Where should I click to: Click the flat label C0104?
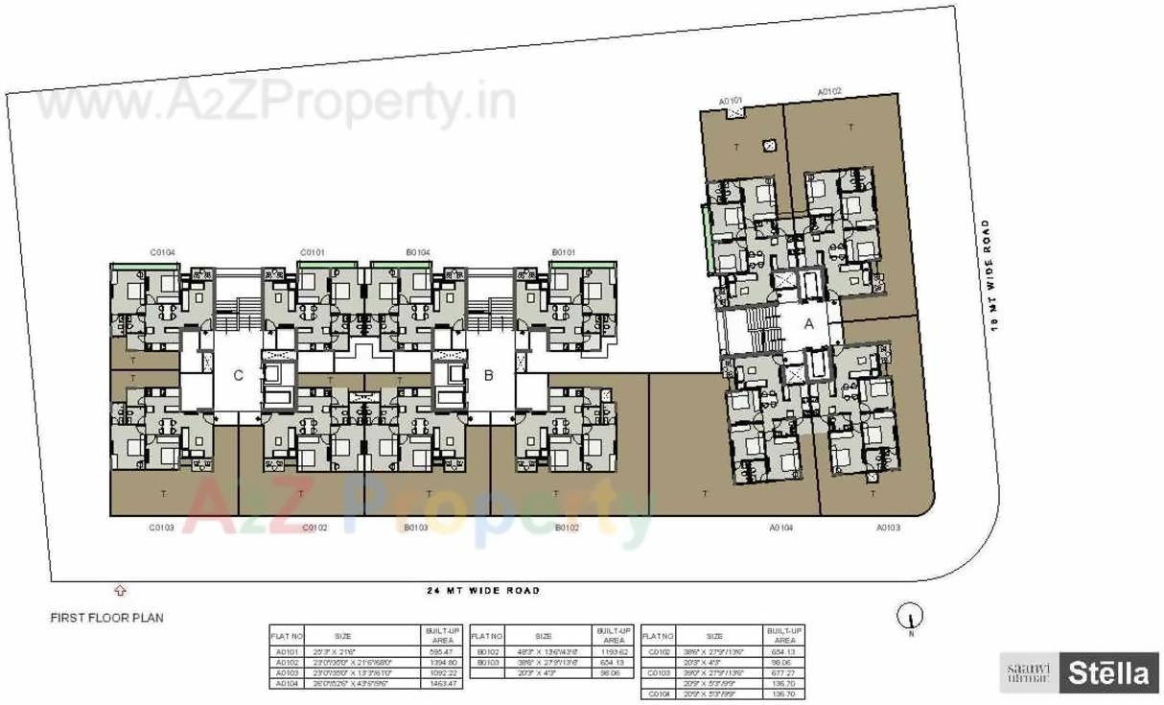click(x=162, y=253)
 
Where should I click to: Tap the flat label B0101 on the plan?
click(x=564, y=253)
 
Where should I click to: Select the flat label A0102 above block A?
click(x=829, y=91)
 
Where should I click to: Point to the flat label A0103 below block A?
click(x=889, y=528)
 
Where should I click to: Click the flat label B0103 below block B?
click(x=416, y=528)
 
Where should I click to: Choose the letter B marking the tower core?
click(x=488, y=376)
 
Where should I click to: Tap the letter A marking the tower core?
click(x=808, y=324)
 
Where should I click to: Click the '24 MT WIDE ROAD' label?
click(x=483, y=591)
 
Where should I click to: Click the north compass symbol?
click(x=910, y=617)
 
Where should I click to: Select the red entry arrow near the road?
click(x=120, y=591)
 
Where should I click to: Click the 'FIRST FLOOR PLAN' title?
click(x=106, y=619)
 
